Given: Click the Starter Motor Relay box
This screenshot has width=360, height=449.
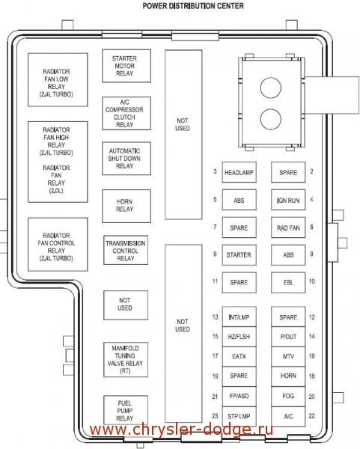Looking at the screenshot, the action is tap(126, 66).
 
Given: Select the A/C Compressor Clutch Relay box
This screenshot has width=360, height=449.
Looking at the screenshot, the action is tap(126, 114).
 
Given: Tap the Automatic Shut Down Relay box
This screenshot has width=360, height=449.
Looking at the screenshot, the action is tap(126, 159).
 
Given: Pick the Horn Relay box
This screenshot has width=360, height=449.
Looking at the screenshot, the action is tap(126, 206).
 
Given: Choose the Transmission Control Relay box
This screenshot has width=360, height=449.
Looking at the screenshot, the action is tap(126, 250).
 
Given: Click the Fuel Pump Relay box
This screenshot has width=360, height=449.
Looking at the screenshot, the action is tap(126, 410).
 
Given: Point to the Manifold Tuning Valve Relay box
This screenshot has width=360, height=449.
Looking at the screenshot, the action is tap(126, 359).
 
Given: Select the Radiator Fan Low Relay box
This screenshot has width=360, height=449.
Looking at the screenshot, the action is tap(58, 79).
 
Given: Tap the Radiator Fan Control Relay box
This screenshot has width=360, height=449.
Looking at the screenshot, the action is tap(58, 244).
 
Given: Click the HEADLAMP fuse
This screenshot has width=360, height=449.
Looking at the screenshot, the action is tap(240, 172).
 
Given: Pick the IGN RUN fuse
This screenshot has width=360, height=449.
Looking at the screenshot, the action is tap(288, 200).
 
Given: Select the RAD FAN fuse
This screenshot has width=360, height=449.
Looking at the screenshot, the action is tap(288, 227).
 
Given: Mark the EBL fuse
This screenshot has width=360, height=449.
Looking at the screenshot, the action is tap(288, 282).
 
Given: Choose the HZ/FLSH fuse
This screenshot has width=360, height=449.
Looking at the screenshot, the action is tap(240, 337).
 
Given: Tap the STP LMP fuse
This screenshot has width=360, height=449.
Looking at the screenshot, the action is tap(240, 416).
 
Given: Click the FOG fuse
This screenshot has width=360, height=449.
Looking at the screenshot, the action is tap(288, 397).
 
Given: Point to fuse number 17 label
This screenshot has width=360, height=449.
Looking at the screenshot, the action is tap(215, 356).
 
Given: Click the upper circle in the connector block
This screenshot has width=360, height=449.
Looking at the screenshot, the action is tap(271, 88).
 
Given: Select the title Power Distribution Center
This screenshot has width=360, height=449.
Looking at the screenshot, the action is tap(193, 6).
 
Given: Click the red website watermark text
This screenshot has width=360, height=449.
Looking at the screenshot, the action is tap(181, 430).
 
